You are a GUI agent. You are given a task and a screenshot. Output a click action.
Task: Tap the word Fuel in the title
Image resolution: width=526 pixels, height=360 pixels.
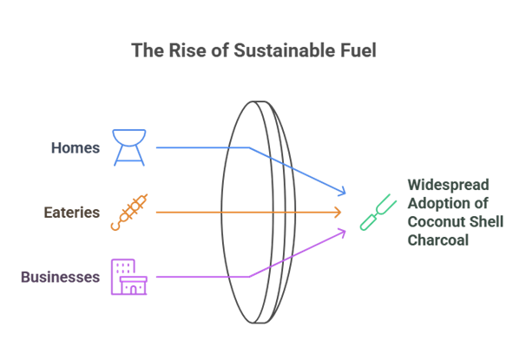[x=358, y=51]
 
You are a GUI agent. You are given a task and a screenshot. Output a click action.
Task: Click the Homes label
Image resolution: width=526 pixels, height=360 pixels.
[x=75, y=147]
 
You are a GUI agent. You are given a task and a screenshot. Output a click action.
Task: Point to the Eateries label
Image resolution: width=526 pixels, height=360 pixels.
[x=72, y=213]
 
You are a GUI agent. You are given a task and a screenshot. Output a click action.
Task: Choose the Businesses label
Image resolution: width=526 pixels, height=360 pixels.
[x=61, y=278]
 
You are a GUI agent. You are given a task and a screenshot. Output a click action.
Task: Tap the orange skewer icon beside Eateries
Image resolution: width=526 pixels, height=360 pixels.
[x=129, y=213]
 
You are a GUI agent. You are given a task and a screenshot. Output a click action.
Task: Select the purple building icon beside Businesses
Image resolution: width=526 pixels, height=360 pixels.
[x=129, y=277]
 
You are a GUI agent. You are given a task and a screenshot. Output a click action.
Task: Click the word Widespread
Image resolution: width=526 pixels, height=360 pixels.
[x=449, y=185]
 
